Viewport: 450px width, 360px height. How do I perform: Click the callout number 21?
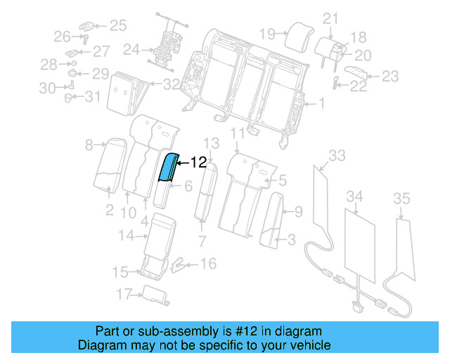(330, 18)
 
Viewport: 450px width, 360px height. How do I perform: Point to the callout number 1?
(321, 104)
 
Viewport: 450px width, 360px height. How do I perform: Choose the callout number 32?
(172, 85)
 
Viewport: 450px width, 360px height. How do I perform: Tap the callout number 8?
(89, 146)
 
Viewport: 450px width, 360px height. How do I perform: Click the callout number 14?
(125, 236)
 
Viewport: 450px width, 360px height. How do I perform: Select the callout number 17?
(124, 293)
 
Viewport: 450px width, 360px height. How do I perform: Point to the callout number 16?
(208, 264)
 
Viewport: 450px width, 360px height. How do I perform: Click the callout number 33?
(337, 155)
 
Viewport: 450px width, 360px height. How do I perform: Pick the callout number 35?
(401, 198)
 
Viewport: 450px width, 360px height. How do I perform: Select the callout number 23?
(390, 77)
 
